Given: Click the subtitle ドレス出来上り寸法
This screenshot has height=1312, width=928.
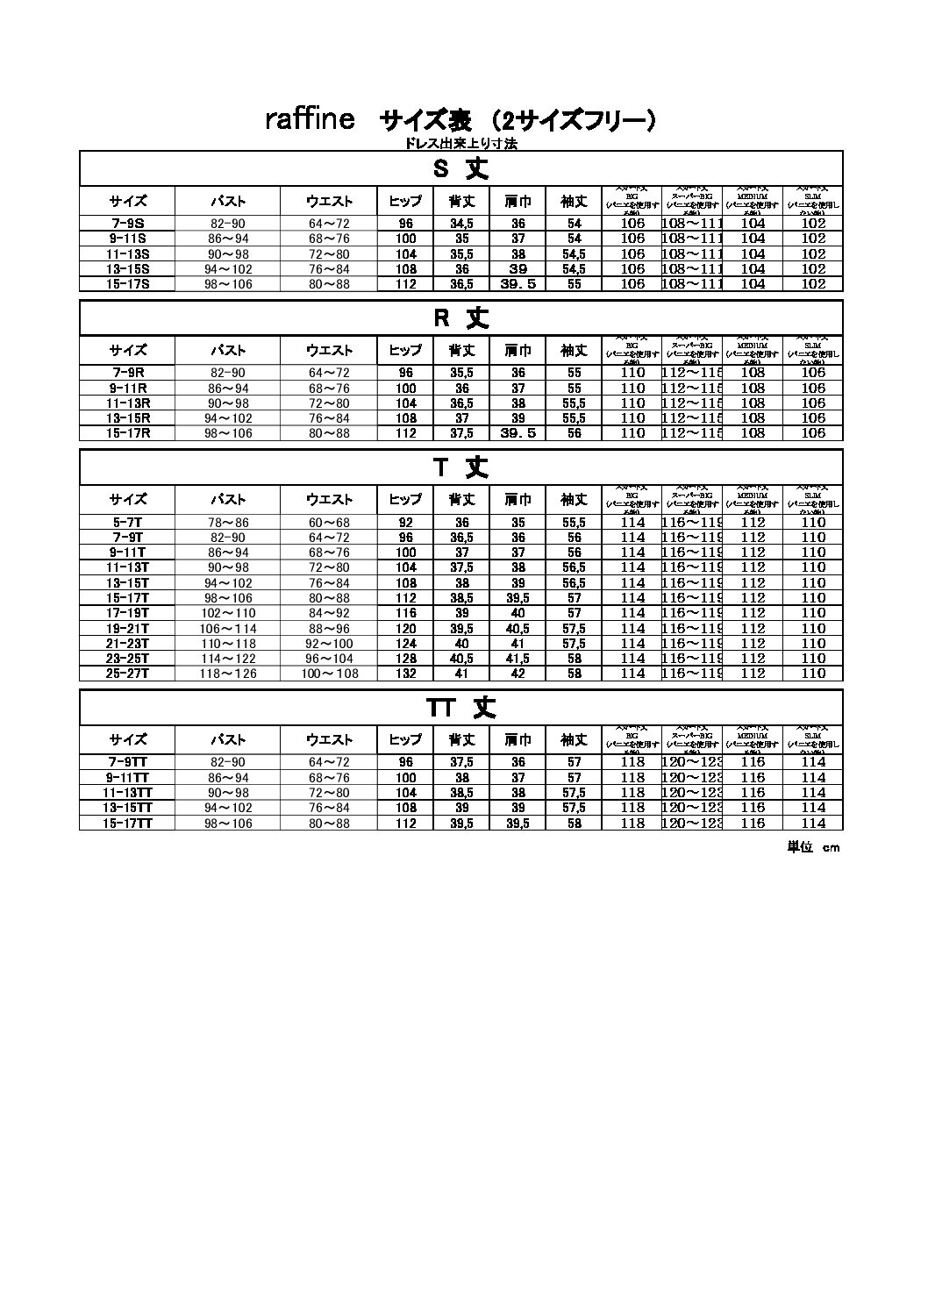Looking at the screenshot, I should (x=460, y=144).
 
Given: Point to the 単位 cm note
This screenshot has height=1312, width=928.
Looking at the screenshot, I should (x=813, y=847).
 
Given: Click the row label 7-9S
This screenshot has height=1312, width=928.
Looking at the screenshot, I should (x=128, y=224).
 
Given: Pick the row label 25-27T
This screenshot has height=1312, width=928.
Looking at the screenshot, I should (x=128, y=674).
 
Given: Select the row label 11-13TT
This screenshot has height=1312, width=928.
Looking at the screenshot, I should (x=128, y=793).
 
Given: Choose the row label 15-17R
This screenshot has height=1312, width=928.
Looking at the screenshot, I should (x=128, y=433).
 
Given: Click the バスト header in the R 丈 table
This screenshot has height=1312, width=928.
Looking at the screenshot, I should (x=228, y=351).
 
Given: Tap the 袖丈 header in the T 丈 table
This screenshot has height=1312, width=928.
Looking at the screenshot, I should (x=574, y=500).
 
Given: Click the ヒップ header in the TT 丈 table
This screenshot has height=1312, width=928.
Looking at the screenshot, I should (x=405, y=740).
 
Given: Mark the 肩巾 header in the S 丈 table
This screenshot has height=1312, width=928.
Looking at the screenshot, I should (x=518, y=202).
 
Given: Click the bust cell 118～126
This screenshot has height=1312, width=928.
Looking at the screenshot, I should (x=228, y=674).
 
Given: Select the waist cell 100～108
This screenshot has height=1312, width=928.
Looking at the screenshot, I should (x=329, y=674).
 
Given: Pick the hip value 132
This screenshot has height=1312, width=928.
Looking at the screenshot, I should (x=405, y=674).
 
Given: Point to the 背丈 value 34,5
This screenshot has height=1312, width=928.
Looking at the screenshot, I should (x=462, y=224).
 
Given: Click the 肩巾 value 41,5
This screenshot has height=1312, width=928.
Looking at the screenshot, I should (x=518, y=659).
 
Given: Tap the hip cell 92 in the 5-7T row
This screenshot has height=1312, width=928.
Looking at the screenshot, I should (x=405, y=523).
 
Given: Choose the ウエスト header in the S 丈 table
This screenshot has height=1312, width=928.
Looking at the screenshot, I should (x=329, y=202).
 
